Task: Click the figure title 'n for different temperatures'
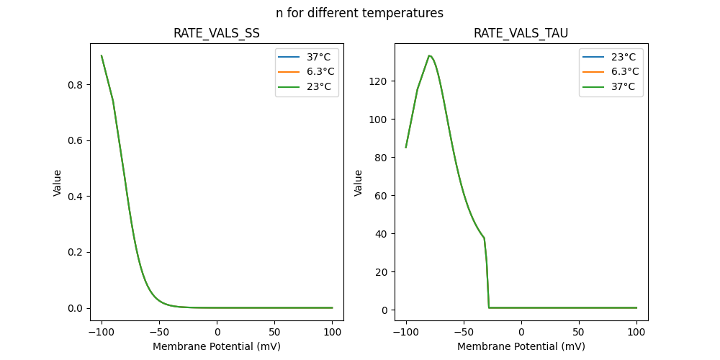(x=359, y=13)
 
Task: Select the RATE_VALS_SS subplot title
(x=217, y=34)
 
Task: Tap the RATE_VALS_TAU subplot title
(x=521, y=34)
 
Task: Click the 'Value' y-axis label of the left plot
(x=58, y=183)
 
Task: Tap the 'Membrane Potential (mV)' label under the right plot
(x=521, y=346)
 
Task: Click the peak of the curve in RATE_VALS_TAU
(x=429, y=55)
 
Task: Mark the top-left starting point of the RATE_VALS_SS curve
(x=102, y=55)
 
